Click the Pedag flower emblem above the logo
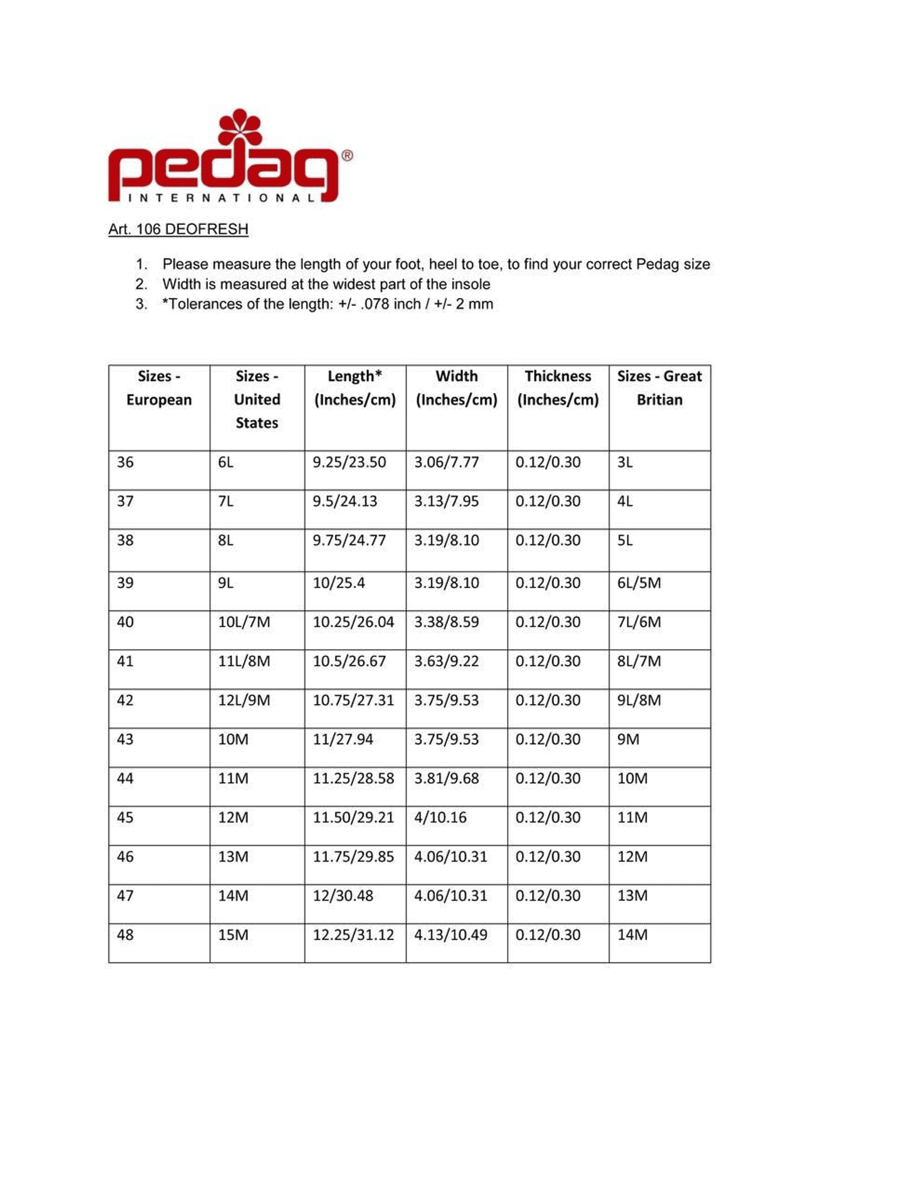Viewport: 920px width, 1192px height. click(239, 127)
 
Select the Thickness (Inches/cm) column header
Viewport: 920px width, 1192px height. click(558, 388)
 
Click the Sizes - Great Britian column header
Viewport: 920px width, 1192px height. click(659, 388)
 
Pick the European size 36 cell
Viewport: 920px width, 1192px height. click(125, 462)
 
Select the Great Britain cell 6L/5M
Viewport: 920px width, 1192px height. click(639, 583)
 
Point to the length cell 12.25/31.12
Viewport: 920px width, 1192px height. click(353, 934)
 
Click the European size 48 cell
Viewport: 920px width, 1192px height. click(125, 934)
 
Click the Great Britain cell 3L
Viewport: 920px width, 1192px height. click(625, 462)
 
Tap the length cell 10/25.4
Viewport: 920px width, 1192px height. click(339, 583)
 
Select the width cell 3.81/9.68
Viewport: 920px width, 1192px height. click(446, 778)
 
